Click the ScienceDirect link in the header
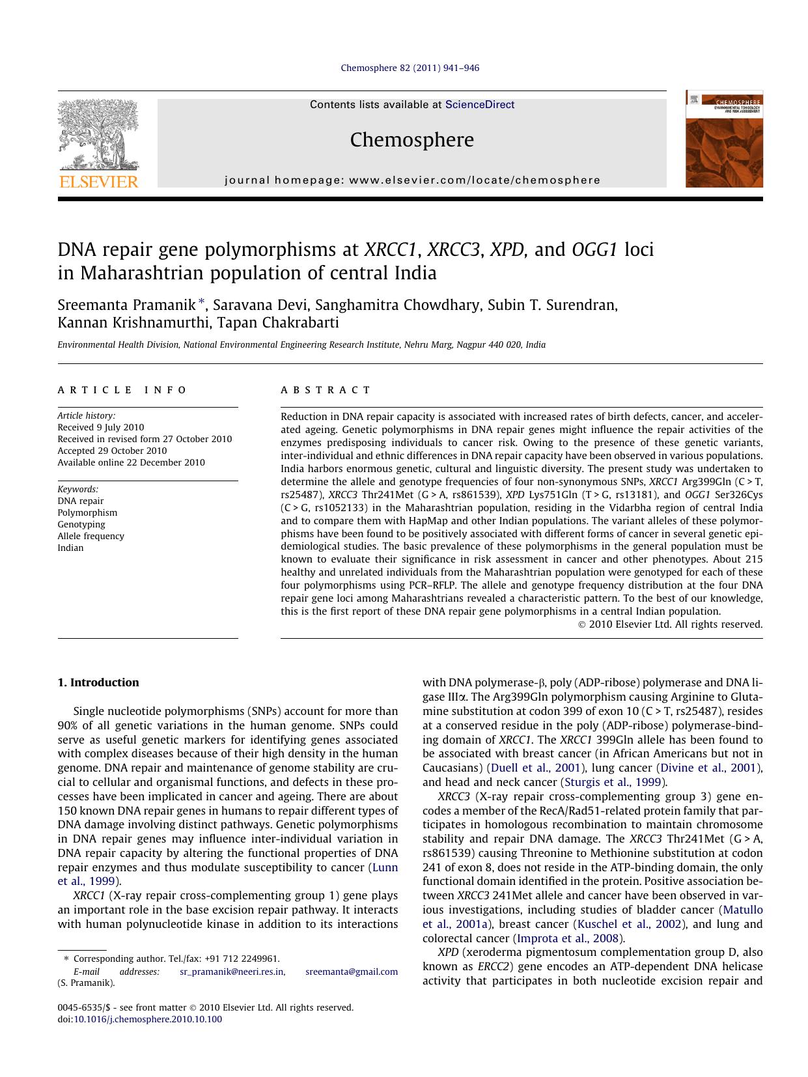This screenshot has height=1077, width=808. point(479,104)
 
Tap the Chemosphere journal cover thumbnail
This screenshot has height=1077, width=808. point(723,139)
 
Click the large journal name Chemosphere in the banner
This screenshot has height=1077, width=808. point(411,139)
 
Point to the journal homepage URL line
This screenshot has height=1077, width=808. point(412,180)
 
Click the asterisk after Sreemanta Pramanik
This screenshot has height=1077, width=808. point(202,302)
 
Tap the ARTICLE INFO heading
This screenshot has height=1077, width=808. point(122,390)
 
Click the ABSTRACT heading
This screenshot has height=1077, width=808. point(326,390)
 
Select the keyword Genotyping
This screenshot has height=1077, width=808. point(81,524)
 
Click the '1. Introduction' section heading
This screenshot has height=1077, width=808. point(98,682)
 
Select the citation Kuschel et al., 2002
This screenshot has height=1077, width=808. point(628,924)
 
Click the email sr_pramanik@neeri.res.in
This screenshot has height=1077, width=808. point(232,972)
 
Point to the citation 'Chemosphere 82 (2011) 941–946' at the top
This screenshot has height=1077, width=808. point(410,68)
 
